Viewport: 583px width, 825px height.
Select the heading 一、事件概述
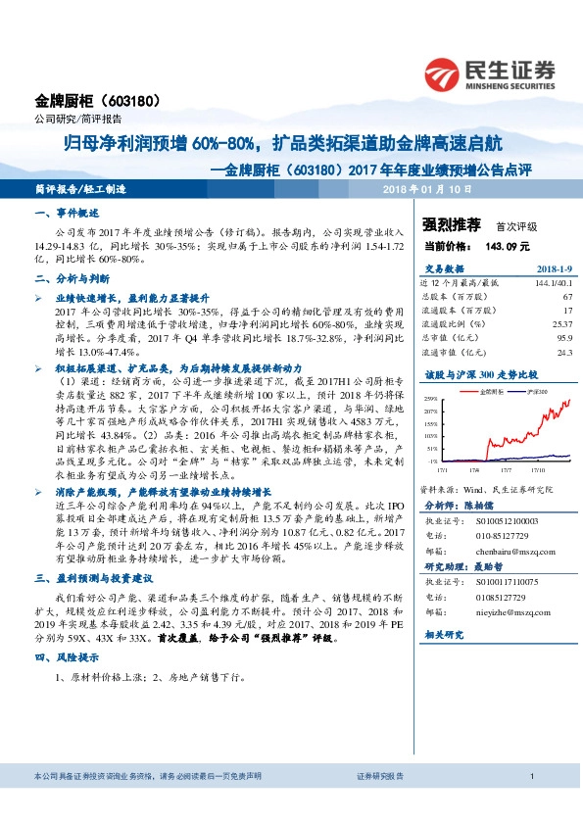(x=68, y=212)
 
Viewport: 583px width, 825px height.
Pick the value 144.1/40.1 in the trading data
(x=553, y=281)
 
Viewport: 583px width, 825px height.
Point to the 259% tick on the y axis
(x=430, y=399)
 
